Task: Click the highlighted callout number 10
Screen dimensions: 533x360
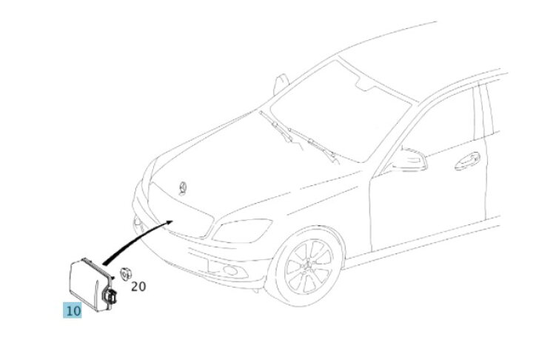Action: pyautogui.click(x=73, y=310)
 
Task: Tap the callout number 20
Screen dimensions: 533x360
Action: pyautogui.click(x=138, y=287)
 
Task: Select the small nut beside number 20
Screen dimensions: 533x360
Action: pyautogui.click(x=126, y=274)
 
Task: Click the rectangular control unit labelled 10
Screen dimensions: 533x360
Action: pyautogui.click(x=90, y=284)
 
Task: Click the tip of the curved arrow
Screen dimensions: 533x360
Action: pyautogui.click(x=172, y=221)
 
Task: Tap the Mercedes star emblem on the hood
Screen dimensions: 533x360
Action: pyautogui.click(x=183, y=188)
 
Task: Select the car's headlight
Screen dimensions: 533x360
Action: pyautogui.click(x=242, y=230)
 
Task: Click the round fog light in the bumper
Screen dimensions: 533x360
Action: pyautogui.click(x=231, y=271)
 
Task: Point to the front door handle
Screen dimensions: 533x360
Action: pyautogui.click(x=467, y=161)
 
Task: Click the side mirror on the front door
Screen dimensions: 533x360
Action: pyautogui.click(x=408, y=159)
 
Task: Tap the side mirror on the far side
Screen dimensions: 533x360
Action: pyautogui.click(x=281, y=84)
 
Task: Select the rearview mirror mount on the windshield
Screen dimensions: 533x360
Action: pyautogui.click(x=363, y=84)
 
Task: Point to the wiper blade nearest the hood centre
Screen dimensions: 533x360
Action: pyautogui.click(x=276, y=126)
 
